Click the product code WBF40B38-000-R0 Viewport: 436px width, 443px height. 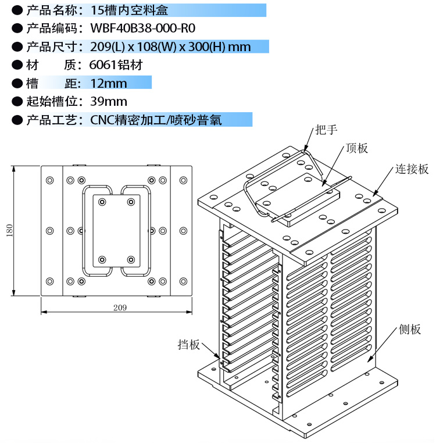tap(143, 28)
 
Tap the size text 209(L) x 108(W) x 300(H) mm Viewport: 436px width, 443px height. tap(170, 47)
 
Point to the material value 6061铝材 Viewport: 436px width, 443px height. tap(116, 65)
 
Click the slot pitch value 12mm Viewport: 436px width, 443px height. tap(108, 83)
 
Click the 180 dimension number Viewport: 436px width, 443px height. tap(9, 231)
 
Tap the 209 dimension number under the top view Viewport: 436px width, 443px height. tap(120, 307)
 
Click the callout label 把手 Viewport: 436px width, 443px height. tap(326, 130)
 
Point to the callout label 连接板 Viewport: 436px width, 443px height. tap(412, 169)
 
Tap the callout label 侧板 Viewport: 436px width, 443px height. tap(410, 330)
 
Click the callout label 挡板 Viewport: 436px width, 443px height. tap(189, 345)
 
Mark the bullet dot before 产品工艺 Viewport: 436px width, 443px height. tap(17, 120)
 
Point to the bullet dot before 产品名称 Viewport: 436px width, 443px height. tap(17, 10)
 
